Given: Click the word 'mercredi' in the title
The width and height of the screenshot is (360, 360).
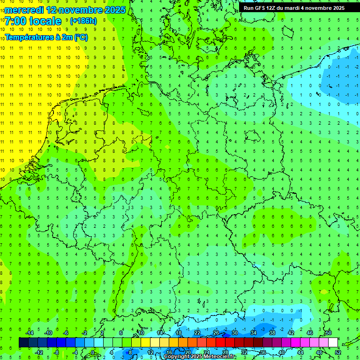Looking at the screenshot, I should pyautogui.click(x=23, y=10).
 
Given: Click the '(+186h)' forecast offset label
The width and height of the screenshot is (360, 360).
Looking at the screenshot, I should pyautogui.click(x=83, y=21).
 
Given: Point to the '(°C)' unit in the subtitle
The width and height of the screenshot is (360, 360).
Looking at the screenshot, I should pyautogui.click(x=81, y=37).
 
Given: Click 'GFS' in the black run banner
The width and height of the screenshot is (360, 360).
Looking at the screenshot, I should pyautogui.click(x=262, y=8).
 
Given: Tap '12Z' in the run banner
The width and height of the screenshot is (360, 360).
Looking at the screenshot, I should pyautogui.click(x=276, y=8).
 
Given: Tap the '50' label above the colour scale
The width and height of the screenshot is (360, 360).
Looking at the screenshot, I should pyautogui.click(x=329, y=333).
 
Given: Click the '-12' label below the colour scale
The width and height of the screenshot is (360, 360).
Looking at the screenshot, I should pyautogui.click(x=38, y=352).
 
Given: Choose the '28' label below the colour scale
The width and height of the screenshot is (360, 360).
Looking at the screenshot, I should pyautogui.click(x=225, y=352).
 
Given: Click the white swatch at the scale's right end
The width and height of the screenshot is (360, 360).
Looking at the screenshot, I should pyautogui.click(x=333, y=343).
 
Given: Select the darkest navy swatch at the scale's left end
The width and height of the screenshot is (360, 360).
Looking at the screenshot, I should pyautogui.click(x=23, y=343).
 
